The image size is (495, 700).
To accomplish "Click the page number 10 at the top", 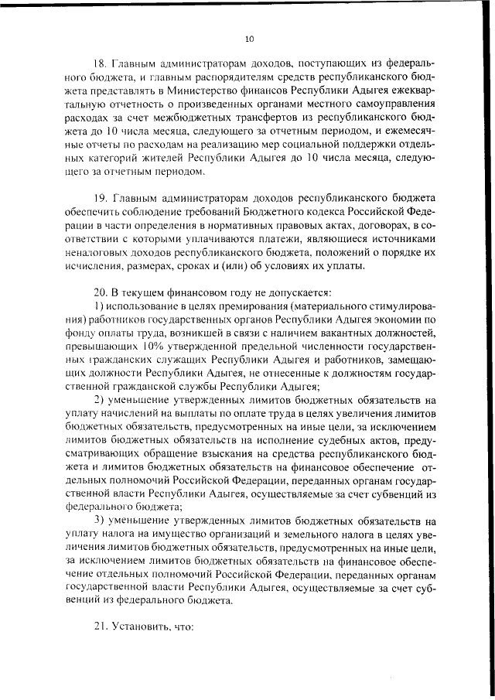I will click(x=248, y=38).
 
